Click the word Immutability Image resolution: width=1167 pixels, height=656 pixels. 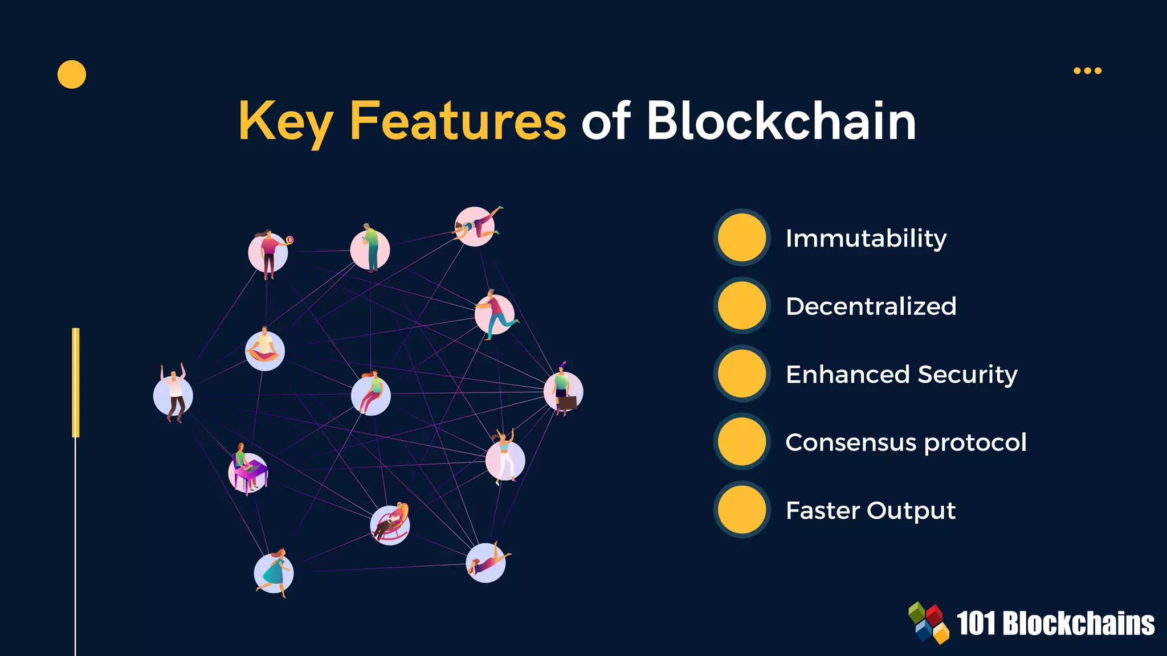pyautogui.click(x=866, y=239)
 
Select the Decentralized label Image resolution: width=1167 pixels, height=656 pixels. pyautogui.click(x=871, y=306)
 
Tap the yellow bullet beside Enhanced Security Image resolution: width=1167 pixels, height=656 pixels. pyautogui.click(x=741, y=374)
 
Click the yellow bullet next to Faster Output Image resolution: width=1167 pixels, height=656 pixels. pyautogui.click(x=741, y=510)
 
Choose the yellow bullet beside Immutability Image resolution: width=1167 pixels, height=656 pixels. pyautogui.click(x=741, y=237)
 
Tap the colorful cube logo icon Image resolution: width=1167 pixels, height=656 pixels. pyautogui.click(x=929, y=622)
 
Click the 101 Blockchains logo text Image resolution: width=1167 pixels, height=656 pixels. pyautogui.click(x=1055, y=624)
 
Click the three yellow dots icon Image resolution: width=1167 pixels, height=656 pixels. pyautogui.click(x=1087, y=71)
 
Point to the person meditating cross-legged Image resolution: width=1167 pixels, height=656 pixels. pyautogui.click(x=264, y=346)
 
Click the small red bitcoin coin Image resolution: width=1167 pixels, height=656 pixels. pyautogui.click(x=290, y=240)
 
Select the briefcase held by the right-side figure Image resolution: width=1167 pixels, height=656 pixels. pyautogui.click(x=568, y=403)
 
